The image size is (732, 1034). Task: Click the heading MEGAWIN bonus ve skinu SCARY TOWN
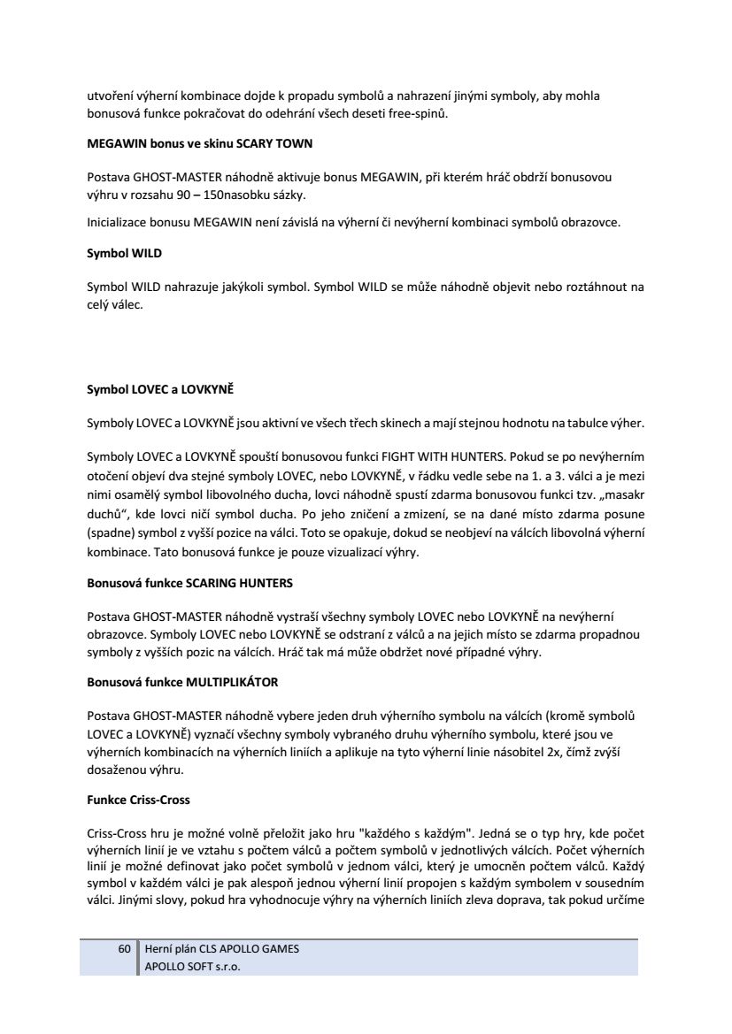[199, 142]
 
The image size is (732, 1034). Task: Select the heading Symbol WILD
[124, 253]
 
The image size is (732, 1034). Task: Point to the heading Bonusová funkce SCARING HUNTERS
[189, 584]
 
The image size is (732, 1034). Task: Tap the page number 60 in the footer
[125, 948]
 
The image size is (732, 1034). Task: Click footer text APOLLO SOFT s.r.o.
[193, 967]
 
